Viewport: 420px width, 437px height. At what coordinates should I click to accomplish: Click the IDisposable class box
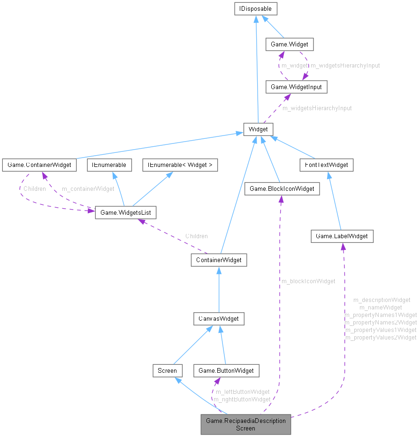(255, 8)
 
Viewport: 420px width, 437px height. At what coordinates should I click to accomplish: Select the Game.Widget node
(289, 45)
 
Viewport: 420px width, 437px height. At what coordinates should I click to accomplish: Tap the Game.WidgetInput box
(296, 87)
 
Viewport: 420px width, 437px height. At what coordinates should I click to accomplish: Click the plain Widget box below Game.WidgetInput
(258, 129)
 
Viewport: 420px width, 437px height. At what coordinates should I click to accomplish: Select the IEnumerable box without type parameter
(107, 165)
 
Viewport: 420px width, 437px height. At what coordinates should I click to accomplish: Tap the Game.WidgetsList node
(125, 212)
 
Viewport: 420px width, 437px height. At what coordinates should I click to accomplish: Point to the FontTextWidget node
(327, 165)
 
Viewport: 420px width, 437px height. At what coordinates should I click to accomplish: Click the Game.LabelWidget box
(342, 236)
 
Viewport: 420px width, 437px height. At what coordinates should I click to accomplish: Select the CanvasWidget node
(219, 319)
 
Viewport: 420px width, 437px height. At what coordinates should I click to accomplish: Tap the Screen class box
(167, 370)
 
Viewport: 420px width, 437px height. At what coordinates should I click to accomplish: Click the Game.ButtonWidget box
(226, 370)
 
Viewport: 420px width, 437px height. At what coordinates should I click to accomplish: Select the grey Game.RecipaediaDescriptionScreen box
(246, 424)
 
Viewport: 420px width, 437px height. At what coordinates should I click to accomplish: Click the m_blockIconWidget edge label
(308, 281)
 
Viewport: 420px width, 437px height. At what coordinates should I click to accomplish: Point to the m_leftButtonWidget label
(242, 392)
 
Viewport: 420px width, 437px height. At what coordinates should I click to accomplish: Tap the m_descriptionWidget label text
(382, 300)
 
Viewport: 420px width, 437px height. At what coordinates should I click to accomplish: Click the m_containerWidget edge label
(88, 189)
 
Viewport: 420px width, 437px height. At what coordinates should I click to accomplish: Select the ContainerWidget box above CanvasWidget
(219, 260)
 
